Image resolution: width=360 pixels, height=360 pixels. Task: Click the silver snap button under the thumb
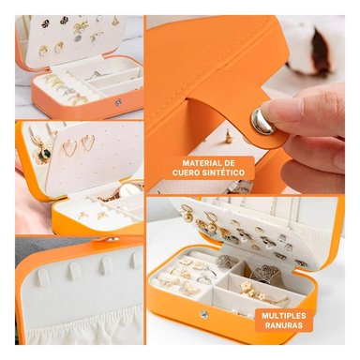click(263, 121)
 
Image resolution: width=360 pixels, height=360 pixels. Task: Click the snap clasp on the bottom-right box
click(203, 315)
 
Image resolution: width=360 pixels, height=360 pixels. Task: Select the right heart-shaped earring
click(88, 142)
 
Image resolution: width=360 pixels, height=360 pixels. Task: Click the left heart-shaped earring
click(69, 146)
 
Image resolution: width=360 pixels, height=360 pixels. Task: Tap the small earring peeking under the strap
click(228, 137)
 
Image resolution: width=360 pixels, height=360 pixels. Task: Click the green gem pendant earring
click(41, 153)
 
